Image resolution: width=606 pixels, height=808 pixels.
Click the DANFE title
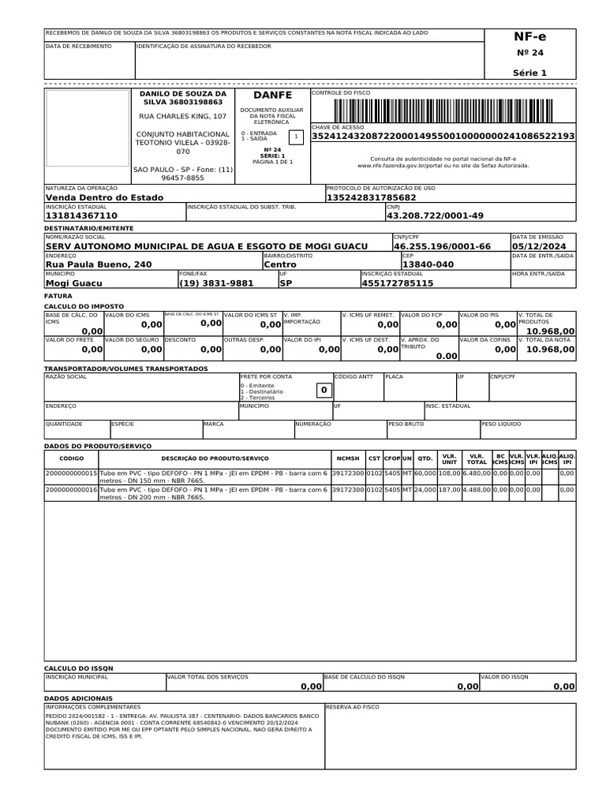pos(272,95)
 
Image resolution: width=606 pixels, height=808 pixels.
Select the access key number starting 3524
pos(443,137)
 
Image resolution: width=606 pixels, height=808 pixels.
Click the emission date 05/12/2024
pos(543,246)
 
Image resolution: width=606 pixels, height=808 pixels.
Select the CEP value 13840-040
pos(428,264)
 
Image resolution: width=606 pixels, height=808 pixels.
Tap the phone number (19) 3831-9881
pos(216,282)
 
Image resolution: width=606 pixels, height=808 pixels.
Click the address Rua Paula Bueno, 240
pos(99,264)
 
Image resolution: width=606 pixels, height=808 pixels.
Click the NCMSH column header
pos(347,458)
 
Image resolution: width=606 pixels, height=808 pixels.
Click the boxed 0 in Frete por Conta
pos(322,391)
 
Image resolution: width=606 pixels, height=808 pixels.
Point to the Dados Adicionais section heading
pos(78,698)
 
